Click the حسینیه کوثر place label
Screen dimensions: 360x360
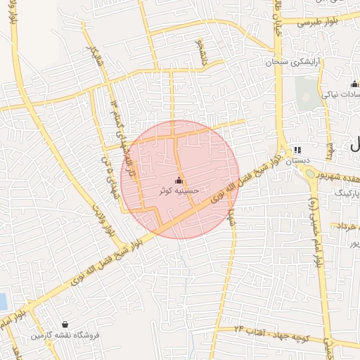(x=180, y=190)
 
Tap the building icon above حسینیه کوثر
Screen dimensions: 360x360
(x=179, y=180)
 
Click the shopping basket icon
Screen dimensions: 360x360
(x=65, y=325)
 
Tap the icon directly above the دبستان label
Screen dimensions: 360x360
(x=296, y=150)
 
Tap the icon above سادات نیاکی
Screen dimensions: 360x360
(x=354, y=84)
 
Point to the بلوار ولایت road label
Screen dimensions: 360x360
(x=102, y=219)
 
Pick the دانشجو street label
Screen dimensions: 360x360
(x=199, y=49)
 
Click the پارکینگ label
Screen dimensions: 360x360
(x=345, y=192)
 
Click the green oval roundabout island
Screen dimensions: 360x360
(x=311, y=181)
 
